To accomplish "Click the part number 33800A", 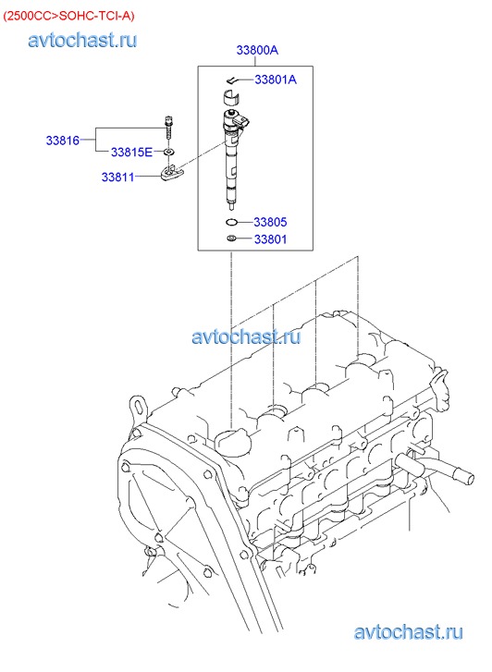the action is (257, 50).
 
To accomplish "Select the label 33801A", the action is (276, 79).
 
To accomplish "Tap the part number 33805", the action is (270, 222).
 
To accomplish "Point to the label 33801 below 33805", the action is (270, 239).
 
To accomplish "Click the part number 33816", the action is (63, 141).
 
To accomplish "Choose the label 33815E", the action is (131, 153).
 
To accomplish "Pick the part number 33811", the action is (118, 177).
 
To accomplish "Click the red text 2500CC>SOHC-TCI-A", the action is (68, 16).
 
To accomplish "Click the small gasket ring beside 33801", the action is (231, 238).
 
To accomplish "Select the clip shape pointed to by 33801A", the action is (233, 80).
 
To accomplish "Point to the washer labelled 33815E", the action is (169, 152).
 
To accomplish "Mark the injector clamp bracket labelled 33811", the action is (172, 173).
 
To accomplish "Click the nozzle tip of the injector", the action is (231, 206).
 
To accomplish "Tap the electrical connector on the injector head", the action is (243, 121).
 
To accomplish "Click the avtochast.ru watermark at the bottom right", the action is (408, 632).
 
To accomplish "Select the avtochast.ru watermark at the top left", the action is (82, 41).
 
